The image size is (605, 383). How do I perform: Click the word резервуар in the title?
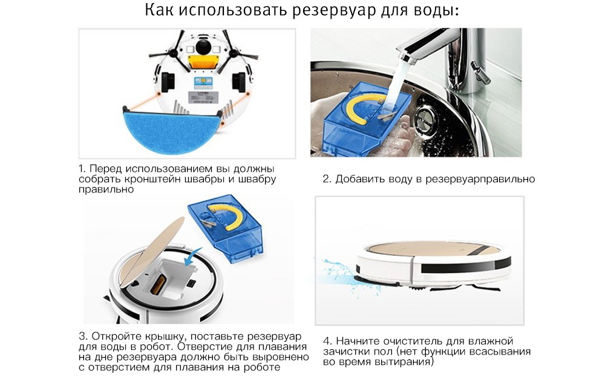point(334,11)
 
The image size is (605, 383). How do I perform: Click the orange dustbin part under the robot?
point(203,62)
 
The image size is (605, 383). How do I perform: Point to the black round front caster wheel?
point(203,47)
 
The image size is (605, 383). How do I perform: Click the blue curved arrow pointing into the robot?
point(192,257)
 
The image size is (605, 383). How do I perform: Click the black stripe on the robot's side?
point(466,266)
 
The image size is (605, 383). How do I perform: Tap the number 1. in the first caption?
point(82,169)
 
